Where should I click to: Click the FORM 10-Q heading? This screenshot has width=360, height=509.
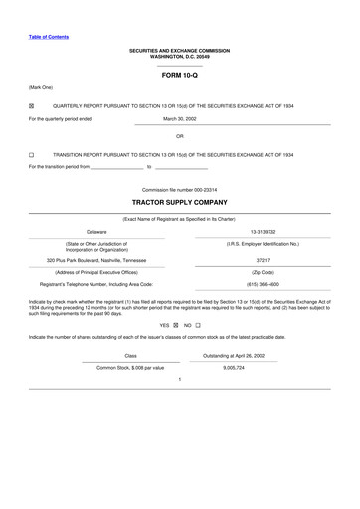coord(180,75)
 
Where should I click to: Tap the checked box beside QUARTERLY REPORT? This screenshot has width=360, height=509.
coord(32,103)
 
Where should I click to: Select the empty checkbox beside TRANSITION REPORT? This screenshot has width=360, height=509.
coord(32,154)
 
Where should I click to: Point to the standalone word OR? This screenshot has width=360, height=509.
coord(180,135)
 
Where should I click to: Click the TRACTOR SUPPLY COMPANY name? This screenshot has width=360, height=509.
coord(180,202)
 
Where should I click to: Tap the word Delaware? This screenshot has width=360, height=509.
coord(96,231)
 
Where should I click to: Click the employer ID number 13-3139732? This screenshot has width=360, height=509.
coord(264,231)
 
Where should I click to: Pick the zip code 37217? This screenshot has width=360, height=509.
coord(264,260)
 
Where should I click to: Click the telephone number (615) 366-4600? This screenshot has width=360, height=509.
coord(264,285)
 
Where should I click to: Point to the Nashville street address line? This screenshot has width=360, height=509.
coord(96,260)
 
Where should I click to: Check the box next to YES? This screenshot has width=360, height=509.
coord(175,325)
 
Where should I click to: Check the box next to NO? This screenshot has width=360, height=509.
coord(198,325)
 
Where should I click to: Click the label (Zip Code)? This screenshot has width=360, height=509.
coord(264,271)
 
